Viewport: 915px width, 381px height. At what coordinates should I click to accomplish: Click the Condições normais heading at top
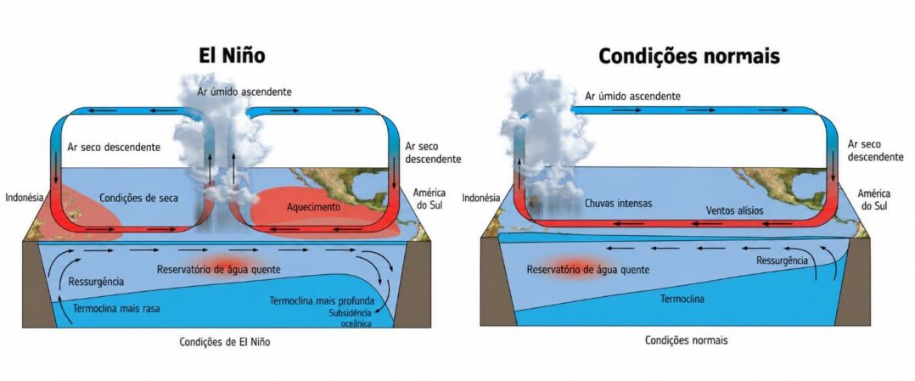tap(688, 55)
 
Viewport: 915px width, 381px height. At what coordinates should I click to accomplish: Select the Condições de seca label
tap(138, 198)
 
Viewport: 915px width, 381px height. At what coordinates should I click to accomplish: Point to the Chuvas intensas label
tap(619, 204)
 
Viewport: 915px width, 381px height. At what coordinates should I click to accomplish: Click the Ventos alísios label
tap(734, 210)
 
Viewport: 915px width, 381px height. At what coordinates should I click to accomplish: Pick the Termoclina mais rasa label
tap(117, 309)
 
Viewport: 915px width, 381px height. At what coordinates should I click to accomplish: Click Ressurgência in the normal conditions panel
tap(782, 261)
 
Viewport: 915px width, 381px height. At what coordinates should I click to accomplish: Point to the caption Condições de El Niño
tap(225, 343)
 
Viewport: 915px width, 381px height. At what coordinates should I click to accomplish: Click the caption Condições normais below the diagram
tap(686, 340)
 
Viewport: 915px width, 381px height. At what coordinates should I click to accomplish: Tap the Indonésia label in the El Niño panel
tap(25, 197)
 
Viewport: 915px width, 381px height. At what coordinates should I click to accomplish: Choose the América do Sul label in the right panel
tap(873, 199)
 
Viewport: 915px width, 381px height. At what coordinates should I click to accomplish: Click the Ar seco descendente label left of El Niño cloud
tap(114, 147)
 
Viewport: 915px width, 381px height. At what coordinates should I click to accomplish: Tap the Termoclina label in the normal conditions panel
tap(682, 300)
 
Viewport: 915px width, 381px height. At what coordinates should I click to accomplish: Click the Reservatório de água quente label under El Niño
tap(219, 270)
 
